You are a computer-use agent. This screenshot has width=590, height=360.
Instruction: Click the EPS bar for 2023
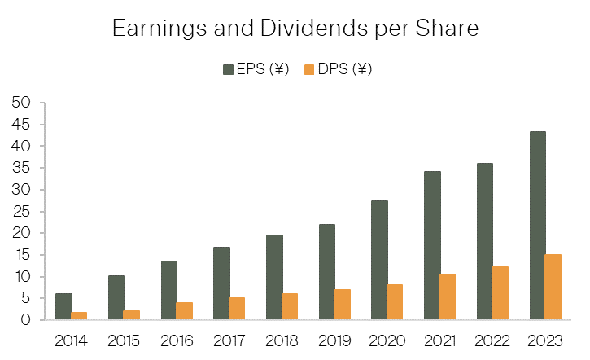pyautogui.click(x=537, y=226)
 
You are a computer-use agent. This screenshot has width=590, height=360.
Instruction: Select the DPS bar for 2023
pyautogui.click(x=553, y=287)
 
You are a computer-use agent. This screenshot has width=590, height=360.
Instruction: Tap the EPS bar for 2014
pyautogui.click(x=63, y=306)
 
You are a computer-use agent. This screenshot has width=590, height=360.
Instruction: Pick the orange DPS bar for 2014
pyautogui.click(x=79, y=315)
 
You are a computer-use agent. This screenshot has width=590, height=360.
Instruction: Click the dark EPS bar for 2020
pyautogui.click(x=379, y=260)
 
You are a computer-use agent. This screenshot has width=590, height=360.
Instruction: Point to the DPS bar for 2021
pyautogui.click(x=448, y=296)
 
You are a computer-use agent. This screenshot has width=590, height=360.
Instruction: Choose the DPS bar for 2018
pyautogui.click(x=290, y=306)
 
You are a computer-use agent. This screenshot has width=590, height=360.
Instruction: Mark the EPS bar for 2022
pyautogui.click(x=484, y=241)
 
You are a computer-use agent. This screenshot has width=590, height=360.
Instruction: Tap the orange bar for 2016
pyautogui.click(x=185, y=310)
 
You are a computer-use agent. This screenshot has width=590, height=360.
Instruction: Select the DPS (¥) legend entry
pyautogui.click(x=339, y=70)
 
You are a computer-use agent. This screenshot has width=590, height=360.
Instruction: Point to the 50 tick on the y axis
pyautogui.click(x=21, y=103)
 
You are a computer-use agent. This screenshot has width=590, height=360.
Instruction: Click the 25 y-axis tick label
pyautogui.click(x=21, y=212)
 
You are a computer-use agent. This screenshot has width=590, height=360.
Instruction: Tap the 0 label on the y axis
pyautogui.click(x=26, y=320)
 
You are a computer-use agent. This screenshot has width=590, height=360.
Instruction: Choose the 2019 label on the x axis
pyautogui.click(x=334, y=340)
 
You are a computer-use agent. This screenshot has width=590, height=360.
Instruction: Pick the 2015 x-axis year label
pyautogui.click(x=124, y=340)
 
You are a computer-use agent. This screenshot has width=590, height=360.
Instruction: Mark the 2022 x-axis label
pyautogui.click(x=492, y=340)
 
